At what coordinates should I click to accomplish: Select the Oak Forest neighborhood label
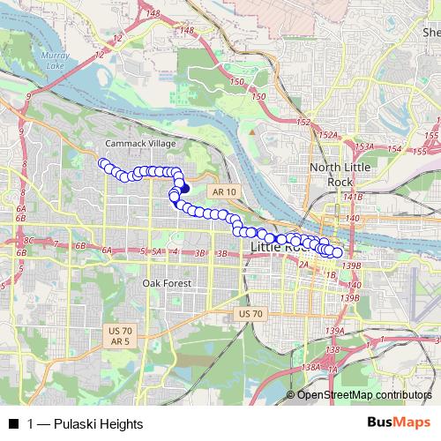point(166,283)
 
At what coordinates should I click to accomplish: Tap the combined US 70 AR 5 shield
point(120,335)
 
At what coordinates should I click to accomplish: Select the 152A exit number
point(329,135)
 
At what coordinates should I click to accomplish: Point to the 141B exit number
point(354,197)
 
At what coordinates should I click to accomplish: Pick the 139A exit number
point(333,331)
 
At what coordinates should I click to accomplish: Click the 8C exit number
point(28,240)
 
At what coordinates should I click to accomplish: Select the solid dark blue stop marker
point(184,187)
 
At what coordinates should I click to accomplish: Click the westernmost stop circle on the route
point(102,162)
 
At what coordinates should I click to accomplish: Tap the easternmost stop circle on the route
point(337,253)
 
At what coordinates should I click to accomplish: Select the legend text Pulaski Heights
point(97,424)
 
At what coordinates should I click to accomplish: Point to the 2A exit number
point(303,264)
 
